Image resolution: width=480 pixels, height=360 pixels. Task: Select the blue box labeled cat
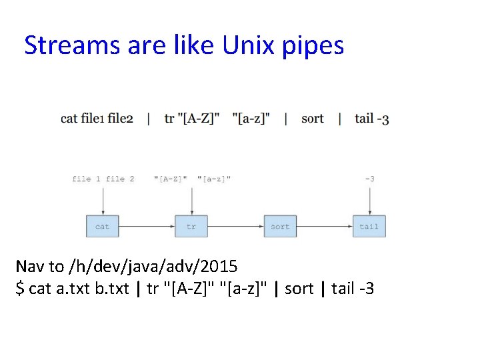(x=102, y=226)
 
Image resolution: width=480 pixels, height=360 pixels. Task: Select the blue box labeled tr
(x=191, y=226)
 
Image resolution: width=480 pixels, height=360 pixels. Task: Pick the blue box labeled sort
(x=280, y=226)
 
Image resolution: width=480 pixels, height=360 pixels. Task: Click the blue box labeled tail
(x=369, y=226)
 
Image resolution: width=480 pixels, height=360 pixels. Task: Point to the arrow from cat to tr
(x=147, y=226)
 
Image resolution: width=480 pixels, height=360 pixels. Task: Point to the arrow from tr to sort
(x=235, y=226)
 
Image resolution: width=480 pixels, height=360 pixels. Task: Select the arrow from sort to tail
(x=325, y=226)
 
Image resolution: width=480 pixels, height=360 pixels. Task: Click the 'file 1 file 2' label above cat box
(x=103, y=179)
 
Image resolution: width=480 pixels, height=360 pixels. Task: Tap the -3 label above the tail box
(x=369, y=179)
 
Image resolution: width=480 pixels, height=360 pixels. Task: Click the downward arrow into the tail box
(x=369, y=200)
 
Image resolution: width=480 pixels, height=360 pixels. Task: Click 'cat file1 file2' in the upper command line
(x=97, y=119)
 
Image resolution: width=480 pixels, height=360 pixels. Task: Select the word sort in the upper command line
(x=312, y=119)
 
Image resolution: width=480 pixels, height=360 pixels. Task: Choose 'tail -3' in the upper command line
(x=372, y=119)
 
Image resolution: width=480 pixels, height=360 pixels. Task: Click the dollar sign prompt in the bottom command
(x=21, y=289)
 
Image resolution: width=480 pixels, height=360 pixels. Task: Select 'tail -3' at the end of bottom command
(x=353, y=289)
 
